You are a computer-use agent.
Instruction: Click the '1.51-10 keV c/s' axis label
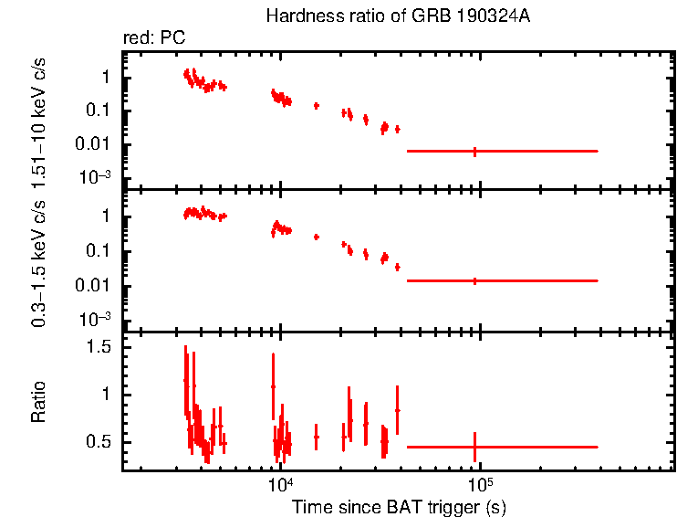[39, 119]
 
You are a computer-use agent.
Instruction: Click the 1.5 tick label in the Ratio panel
[98, 347]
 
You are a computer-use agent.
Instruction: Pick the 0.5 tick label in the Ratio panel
[98, 442]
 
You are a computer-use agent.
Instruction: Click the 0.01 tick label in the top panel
[94, 144]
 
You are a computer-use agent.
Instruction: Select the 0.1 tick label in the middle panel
[98, 251]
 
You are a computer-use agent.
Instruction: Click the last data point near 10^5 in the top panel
[474, 151]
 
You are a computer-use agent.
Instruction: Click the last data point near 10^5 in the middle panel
[474, 280]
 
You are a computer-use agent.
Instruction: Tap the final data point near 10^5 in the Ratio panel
[474, 447]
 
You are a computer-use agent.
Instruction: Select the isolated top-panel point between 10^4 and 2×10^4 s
[316, 106]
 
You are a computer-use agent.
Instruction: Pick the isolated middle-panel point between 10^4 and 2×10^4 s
[316, 237]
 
